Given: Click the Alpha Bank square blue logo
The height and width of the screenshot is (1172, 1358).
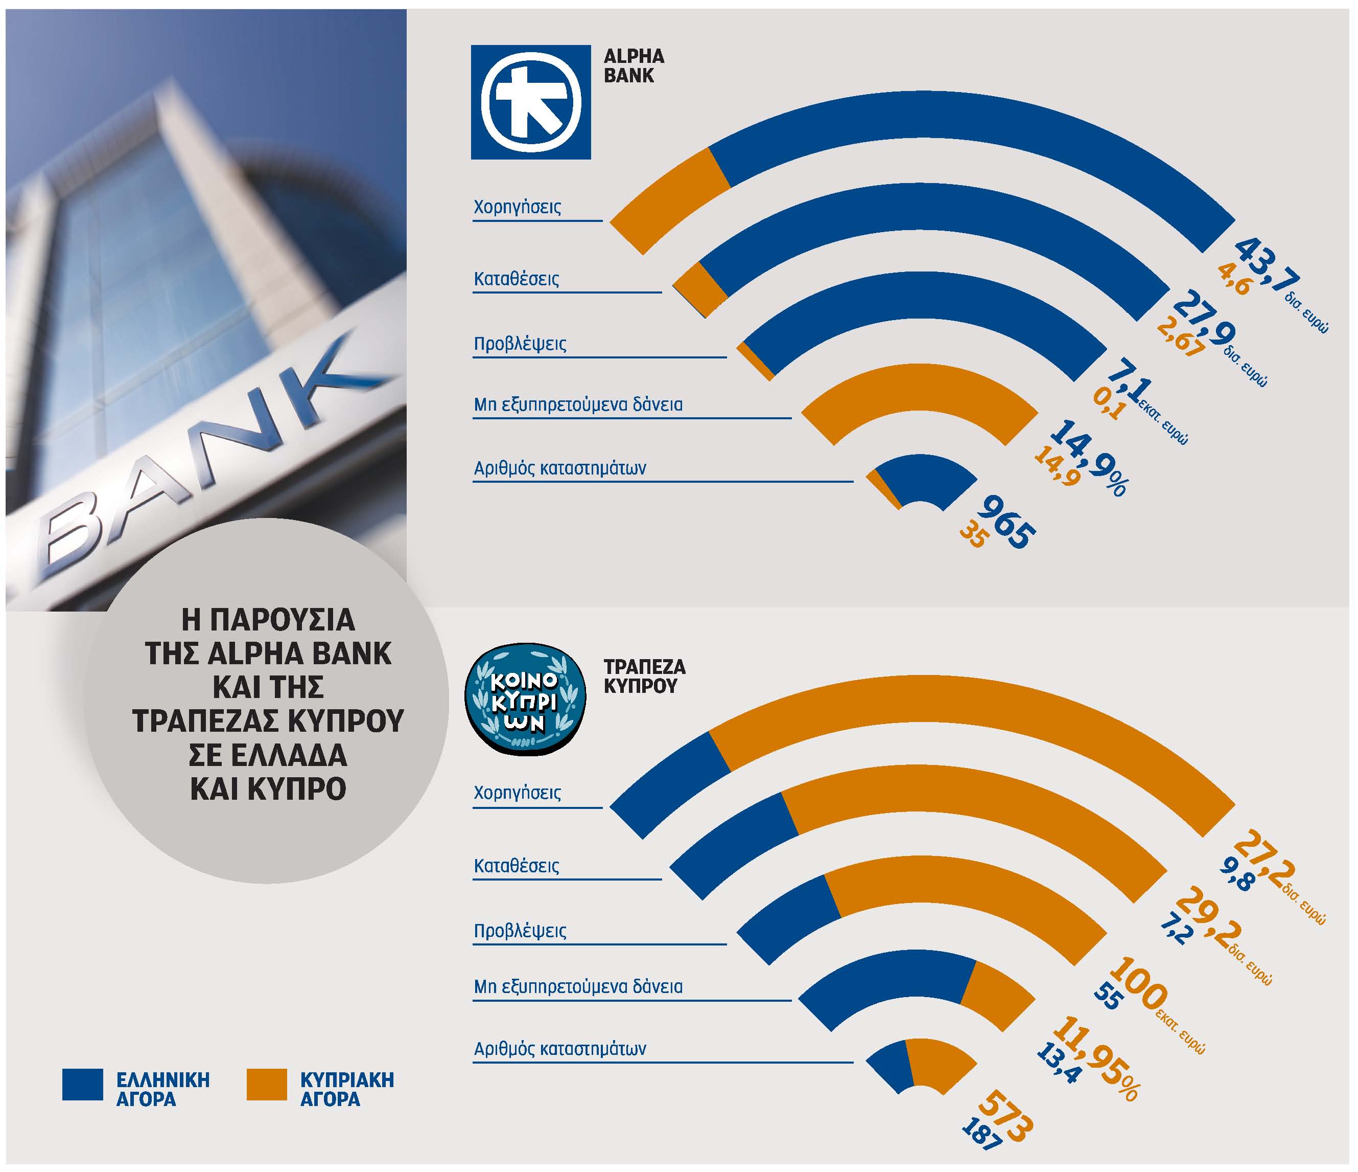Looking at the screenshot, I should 530,102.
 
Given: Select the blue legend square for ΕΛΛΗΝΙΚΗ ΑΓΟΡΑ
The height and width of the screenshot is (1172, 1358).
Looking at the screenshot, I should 83,1084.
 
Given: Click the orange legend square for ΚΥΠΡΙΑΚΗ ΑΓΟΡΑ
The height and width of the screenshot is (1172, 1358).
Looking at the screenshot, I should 267,1084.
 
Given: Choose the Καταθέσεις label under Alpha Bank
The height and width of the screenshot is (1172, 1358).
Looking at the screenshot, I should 517,279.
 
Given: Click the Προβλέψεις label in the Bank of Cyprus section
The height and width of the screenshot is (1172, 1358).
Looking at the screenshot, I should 520,931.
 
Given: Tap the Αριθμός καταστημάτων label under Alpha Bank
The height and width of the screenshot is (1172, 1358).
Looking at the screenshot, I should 560,468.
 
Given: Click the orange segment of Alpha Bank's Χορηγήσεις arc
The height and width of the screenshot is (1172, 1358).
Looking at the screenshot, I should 668,200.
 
